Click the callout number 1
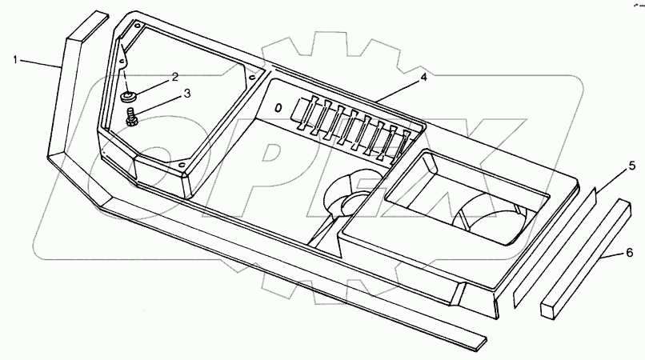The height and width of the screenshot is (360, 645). click(16, 58)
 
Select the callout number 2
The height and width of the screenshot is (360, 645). click(174, 78)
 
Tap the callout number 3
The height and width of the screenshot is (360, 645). click(186, 94)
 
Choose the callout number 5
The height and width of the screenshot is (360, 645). click(631, 166)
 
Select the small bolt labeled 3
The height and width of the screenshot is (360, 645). click(132, 118)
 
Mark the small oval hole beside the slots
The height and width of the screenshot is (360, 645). click(278, 106)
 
